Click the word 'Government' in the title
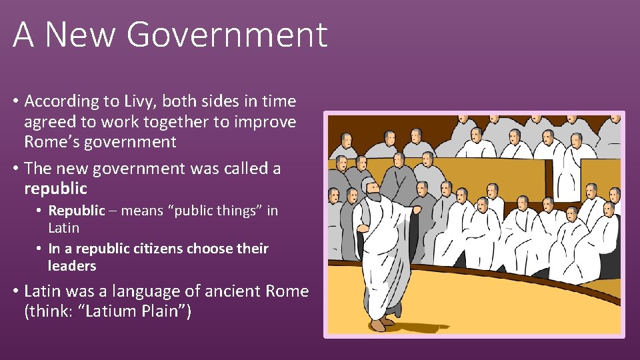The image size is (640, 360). [x=227, y=35]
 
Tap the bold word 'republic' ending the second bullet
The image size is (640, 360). [x=55, y=189]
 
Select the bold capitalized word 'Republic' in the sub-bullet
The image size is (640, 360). [x=77, y=211]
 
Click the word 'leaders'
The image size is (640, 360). [x=72, y=266]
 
